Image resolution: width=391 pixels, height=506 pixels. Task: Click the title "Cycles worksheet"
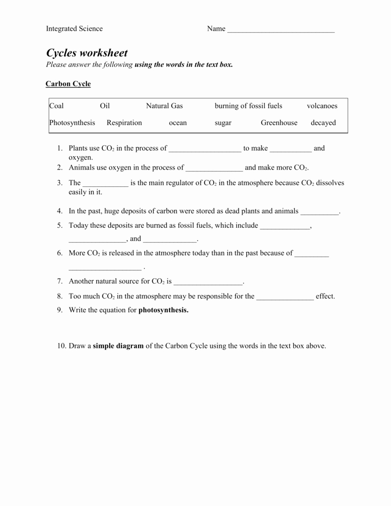click(x=87, y=53)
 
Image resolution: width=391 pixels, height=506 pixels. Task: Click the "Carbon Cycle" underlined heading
click(x=68, y=84)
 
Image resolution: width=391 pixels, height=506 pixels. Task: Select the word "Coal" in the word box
click(x=57, y=106)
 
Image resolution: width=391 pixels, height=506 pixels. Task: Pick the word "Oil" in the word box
click(x=105, y=106)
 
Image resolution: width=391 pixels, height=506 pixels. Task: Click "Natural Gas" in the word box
click(x=164, y=106)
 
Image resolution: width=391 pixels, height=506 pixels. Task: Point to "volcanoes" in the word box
click(x=322, y=106)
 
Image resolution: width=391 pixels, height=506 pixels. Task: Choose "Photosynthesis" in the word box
click(x=72, y=123)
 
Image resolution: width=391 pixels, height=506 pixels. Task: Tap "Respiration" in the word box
click(x=124, y=123)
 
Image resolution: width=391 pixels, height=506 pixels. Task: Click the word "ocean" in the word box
click(x=178, y=123)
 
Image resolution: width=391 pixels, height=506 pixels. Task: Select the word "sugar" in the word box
click(x=223, y=123)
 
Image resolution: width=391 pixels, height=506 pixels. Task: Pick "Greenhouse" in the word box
click(x=279, y=123)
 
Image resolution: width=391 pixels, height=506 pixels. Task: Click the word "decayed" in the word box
click(x=323, y=123)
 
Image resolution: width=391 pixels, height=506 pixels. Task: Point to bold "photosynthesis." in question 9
click(x=164, y=310)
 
